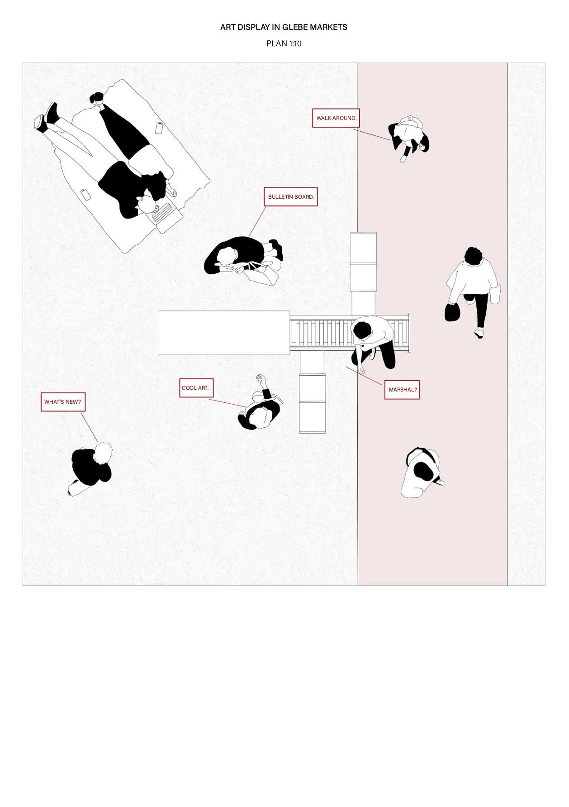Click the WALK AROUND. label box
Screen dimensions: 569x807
coord(336,118)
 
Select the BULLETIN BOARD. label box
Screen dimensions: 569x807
coord(291,197)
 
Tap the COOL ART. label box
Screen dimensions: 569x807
coord(196,388)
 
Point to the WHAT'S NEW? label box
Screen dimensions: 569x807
coord(63,402)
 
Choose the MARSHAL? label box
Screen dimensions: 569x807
coord(402,390)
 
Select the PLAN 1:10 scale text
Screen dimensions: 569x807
coord(284,43)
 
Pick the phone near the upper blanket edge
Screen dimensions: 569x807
coord(159,128)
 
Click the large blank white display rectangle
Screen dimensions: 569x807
coord(224,333)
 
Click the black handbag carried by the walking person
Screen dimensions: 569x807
coord(452,312)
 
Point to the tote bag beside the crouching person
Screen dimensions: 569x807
coord(262,274)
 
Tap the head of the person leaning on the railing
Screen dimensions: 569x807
coord(362,329)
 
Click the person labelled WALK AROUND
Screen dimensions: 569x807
coord(408,137)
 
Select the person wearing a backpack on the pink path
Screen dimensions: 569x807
coord(422,473)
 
